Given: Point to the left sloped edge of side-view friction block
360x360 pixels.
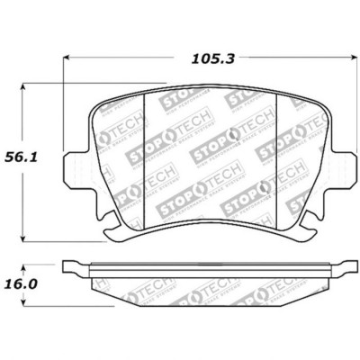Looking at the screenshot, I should coord(99,287).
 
